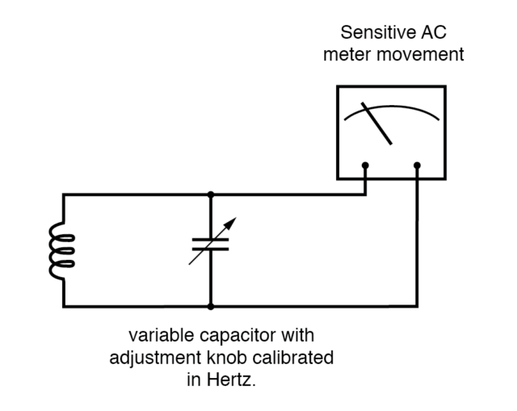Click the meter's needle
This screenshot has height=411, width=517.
coord(376,124)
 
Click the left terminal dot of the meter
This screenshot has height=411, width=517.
coord(366,166)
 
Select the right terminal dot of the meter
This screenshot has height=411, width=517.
coord(418,166)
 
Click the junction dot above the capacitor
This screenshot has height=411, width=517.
coord(211,194)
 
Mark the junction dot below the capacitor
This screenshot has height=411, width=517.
coord(211,307)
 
